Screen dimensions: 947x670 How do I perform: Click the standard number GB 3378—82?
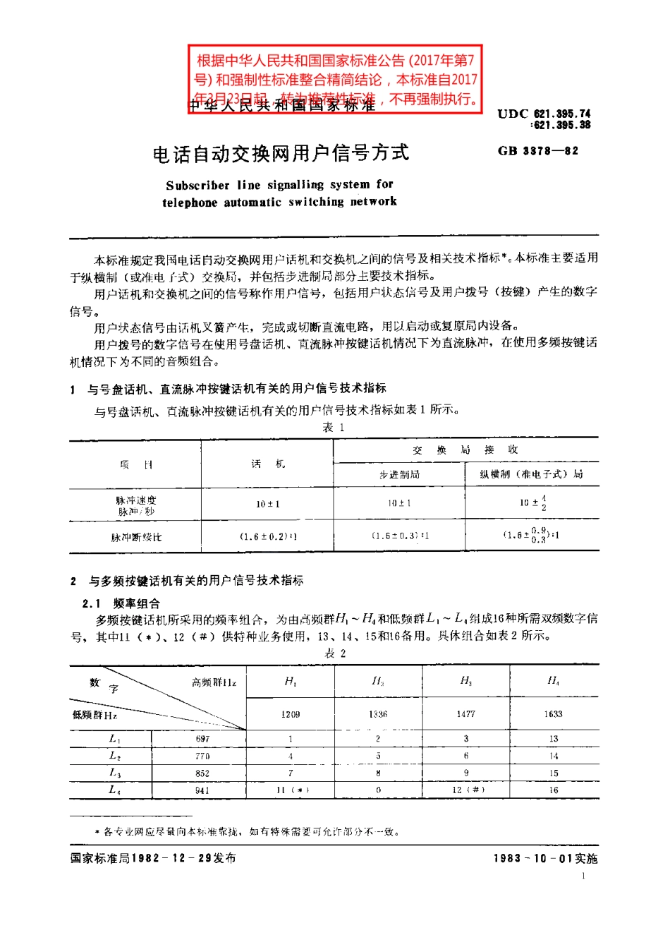click(537, 151)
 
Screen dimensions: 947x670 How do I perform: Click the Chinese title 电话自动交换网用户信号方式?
click(281, 153)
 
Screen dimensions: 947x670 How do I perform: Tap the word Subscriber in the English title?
click(197, 186)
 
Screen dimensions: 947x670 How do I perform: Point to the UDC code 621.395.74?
click(561, 114)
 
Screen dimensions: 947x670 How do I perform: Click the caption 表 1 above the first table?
click(333, 428)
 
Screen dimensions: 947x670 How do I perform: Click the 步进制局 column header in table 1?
click(399, 474)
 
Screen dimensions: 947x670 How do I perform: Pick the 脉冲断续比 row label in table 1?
click(135, 537)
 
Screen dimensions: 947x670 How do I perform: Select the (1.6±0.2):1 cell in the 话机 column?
click(267, 536)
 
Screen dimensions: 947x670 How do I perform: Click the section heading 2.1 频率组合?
click(121, 603)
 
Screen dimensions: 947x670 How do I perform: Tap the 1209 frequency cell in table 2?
click(291, 714)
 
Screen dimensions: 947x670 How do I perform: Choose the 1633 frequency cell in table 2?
click(553, 714)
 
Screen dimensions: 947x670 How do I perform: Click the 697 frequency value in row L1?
click(202, 739)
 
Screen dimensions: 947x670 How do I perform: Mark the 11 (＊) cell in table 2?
click(291, 790)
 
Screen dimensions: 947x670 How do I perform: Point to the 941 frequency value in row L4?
click(202, 790)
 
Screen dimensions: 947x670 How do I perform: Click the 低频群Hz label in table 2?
click(95, 715)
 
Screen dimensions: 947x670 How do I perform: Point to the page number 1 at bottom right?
click(583, 876)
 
